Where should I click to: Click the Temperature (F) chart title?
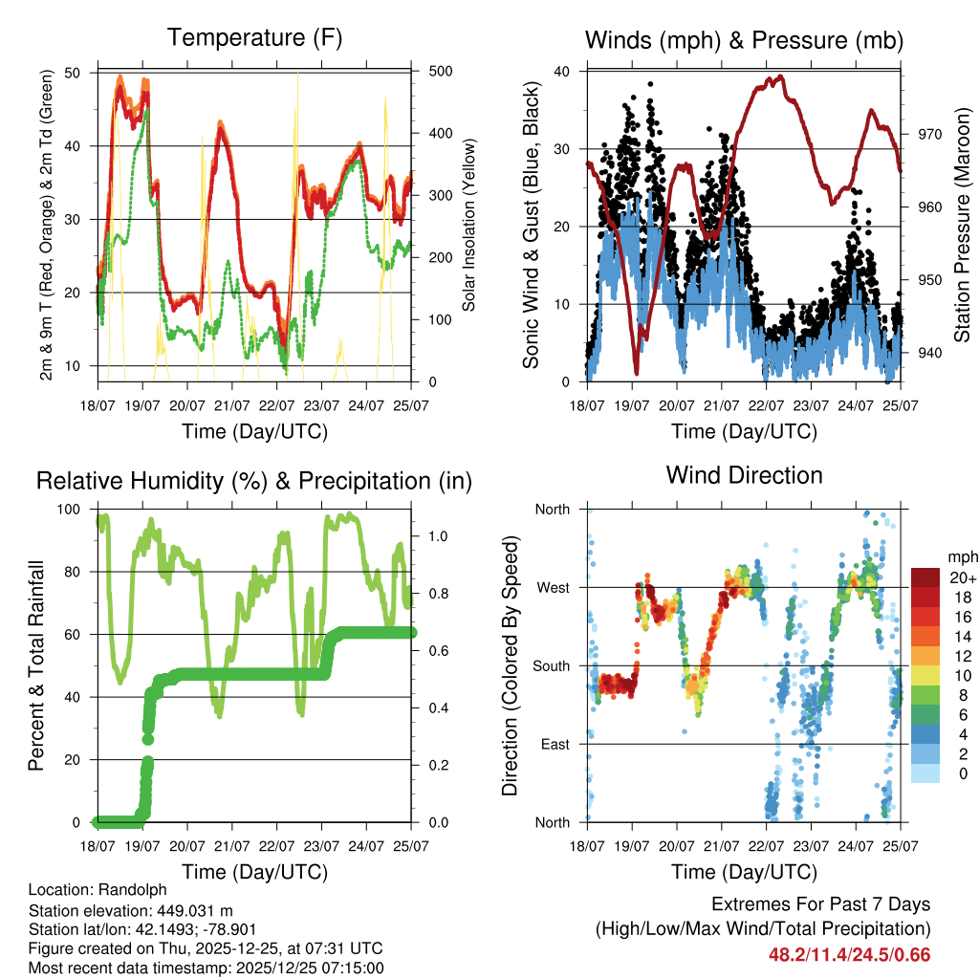pyautogui.click(x=254, y=38)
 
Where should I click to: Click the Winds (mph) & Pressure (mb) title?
pyautogui.click(x=744, y=40)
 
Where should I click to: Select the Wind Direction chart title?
pyautogui.click(x=744, y=475)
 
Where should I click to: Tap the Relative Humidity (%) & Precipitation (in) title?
pyautogui.click(x=254, y=481)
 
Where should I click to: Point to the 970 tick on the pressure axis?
pyautogui.click(x=921, y=135)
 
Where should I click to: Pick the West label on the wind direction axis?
pyautogui.click(x=553, y=587)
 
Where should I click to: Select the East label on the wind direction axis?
pyautogui.click(x=554, y=744)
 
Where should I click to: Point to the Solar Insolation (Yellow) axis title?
pyautogui.click(x=469, y=226)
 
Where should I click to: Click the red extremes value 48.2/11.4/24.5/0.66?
pyautogui.click(x=849, y=955)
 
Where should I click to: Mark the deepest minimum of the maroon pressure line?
pyautogui.click(x=636, y=373)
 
